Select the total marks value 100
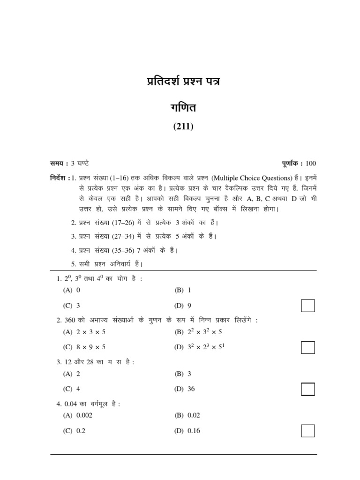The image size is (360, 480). pyautogui.click(x=311, y=164)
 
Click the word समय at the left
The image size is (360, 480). pyautogui.click(x=59, y=164)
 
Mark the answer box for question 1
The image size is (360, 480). pyautogui.click(x=307, y=306)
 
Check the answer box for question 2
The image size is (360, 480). pyautogui.click(x=307, y=347)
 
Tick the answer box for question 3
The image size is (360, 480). pyautogui.click(x=307, y=389)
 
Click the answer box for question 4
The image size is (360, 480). pyautogui.click(x=307, y=430)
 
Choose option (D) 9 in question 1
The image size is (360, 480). pyautogui.click(x=183, y=306)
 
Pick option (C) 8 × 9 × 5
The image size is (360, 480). pyautogui.click(x=84, y=347)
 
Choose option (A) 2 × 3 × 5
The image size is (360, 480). pyautogui.click(x=84, y=332)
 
